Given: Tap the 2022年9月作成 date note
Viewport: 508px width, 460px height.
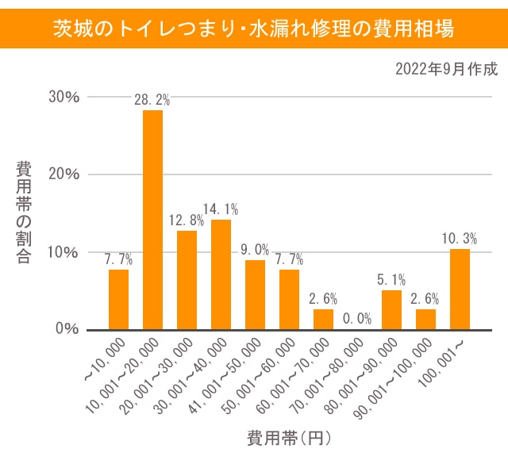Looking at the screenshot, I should [x=446, y=69].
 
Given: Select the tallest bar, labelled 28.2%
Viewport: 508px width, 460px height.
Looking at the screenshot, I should [x=152, y=220].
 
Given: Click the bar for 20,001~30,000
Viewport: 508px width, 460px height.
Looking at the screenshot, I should [x=187, y=280].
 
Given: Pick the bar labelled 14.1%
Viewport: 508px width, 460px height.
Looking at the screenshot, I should [x=221, y=274].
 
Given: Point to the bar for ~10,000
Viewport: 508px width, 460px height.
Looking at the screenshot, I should [x=118, y=300].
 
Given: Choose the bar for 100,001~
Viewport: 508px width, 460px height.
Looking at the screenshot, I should [x=460, y=289].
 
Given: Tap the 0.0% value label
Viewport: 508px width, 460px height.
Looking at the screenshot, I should [x=357, y=319].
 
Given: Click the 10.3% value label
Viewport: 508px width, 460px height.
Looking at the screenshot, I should [x=460, y=238].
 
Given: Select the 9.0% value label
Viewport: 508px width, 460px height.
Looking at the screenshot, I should [x=255, y=249].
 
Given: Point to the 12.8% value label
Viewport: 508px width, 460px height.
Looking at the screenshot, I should [x=187, y=220].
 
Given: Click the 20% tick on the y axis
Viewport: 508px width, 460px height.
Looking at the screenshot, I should [x=63, y=174].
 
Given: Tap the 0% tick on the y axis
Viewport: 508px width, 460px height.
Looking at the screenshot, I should [x=67, y=329].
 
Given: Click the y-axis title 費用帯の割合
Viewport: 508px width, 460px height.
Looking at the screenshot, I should [x=23, y=212].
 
